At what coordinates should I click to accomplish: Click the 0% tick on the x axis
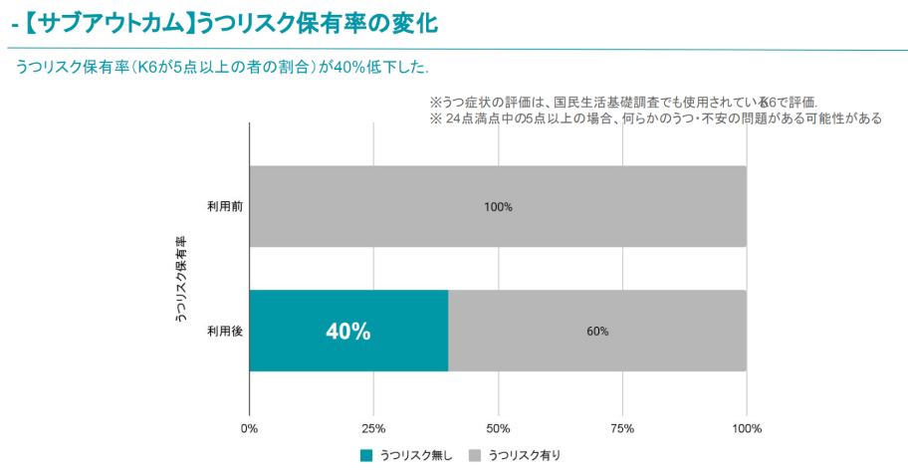point(249,429)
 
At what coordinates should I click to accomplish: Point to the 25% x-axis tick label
point(373,429)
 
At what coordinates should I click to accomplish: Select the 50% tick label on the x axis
point(498,429)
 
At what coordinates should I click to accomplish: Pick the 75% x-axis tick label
point(622,429)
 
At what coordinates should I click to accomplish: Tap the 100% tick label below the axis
point(747,429)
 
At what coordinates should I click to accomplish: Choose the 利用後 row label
point(224,332)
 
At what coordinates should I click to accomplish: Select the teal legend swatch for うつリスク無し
point(366,456)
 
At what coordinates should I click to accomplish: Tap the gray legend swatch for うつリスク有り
point(475,456)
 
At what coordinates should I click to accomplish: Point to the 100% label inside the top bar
point(498,207)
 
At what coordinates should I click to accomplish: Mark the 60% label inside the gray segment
point(597,332)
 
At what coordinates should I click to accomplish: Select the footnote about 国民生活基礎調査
point(622,102)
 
